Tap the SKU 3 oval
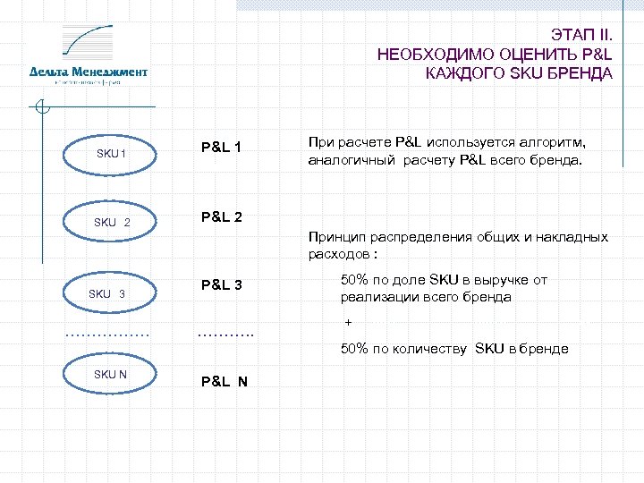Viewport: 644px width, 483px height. click(106, 293)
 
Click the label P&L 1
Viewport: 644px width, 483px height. click(222, 146)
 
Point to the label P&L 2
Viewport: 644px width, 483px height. click(222, 216)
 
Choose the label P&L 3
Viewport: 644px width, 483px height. click(222, 285)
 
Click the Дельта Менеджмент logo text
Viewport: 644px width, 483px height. click(89, 71)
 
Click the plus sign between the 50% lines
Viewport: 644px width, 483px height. click(348, 323)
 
